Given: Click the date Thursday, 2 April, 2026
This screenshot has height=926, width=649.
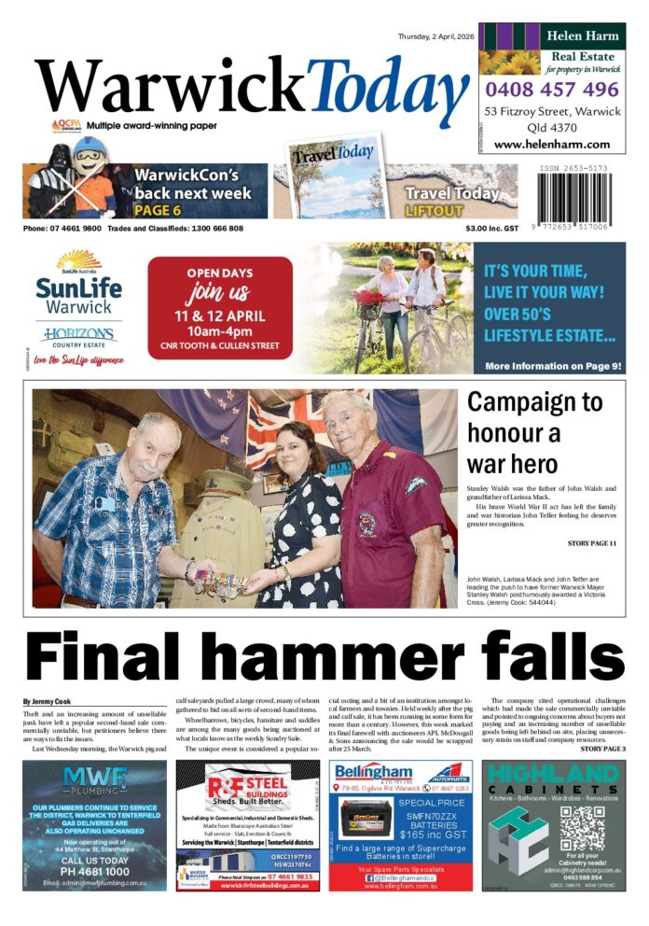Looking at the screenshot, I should click(x=435, y=36).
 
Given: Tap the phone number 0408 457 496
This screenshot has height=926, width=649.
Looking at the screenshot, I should click(x=551, y=90).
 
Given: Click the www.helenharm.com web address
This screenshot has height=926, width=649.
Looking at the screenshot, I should click(x=551, y=145).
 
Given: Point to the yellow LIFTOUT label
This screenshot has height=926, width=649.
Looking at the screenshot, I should click(x=434, y=211).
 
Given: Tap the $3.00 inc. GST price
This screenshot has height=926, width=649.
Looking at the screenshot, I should click(x=492, y=229).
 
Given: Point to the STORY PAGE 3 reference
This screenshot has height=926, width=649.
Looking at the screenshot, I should click(x=602, y=749).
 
